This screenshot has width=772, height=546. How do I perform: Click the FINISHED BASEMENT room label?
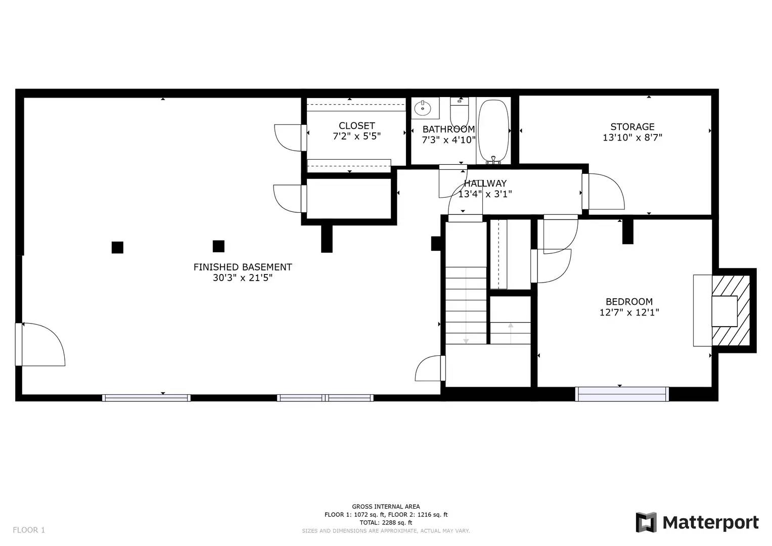(243, 267)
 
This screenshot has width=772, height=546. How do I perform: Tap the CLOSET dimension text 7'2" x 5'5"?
(356, 136)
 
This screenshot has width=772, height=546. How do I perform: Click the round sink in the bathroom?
(422, 108)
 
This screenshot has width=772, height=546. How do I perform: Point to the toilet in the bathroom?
(460, 109)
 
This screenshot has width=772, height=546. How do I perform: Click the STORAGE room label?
(632, 127)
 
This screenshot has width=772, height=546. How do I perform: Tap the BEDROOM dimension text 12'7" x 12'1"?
(629, 312)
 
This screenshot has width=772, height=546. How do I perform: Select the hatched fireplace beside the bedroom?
(731, 311)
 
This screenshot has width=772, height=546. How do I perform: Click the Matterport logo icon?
(646, 522)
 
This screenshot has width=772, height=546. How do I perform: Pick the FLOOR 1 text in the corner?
(29, 530)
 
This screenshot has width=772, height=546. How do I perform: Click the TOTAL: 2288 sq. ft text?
(386, 523)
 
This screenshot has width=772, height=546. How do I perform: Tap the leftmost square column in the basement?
(117, 247)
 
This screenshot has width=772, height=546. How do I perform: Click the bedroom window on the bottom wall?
(622, 394)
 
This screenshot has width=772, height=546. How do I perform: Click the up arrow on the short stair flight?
(511, 326)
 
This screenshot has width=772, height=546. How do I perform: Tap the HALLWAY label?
(485, 184)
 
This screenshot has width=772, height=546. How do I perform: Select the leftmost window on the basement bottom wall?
(146, 398)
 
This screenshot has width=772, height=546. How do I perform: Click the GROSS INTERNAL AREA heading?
(386, 507)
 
